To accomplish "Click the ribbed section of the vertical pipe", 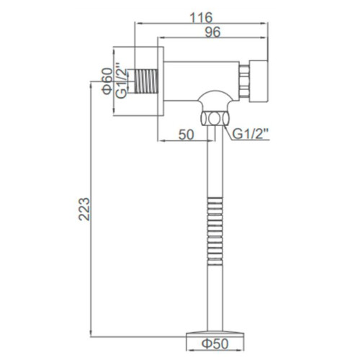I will pyautogui.click(x=215, y=222).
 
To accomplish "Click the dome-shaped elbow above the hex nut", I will pyautogui.click(x=215, y=101).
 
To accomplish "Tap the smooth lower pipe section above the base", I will pyautogui.click(x=215, y=295).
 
